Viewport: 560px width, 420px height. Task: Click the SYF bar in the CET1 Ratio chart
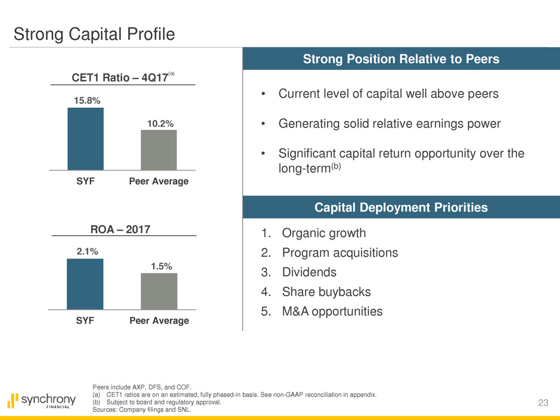86,139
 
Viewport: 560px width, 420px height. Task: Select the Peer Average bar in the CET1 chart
159,150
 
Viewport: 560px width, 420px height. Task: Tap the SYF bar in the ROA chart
85,284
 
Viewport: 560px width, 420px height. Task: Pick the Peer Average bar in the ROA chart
159,291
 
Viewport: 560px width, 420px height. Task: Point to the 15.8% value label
87,101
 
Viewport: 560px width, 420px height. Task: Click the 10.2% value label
160,124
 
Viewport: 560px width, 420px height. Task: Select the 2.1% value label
87,251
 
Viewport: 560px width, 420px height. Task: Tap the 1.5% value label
161,266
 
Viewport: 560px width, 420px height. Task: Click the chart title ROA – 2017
120,229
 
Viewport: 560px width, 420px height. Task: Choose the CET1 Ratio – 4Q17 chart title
123,77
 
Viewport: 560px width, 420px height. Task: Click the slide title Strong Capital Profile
94,35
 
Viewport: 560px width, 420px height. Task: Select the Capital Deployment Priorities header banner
401,207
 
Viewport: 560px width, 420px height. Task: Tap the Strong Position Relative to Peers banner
401,58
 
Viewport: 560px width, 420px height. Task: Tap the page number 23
543,403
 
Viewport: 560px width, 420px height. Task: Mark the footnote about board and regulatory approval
157,402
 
